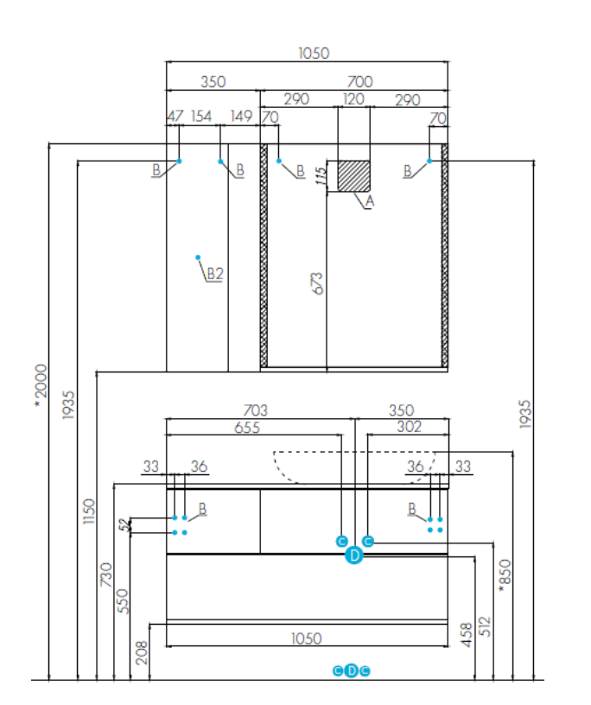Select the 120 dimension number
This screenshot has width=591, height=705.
[353, 99]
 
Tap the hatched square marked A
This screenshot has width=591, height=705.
[353, 175]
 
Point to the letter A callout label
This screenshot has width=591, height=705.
[369, 202]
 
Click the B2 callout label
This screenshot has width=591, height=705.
[214, 274]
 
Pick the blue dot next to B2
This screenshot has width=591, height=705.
[199, 257]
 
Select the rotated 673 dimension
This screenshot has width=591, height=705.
[317, 283]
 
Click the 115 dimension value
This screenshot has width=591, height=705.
[321, 176]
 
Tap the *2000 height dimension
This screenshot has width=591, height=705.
[40, 384]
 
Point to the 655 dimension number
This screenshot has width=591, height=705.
[254, 426]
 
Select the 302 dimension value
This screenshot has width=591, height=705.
[409, 426]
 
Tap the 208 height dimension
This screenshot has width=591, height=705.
[143, 651]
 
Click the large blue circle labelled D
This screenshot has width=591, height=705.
[353, 557]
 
